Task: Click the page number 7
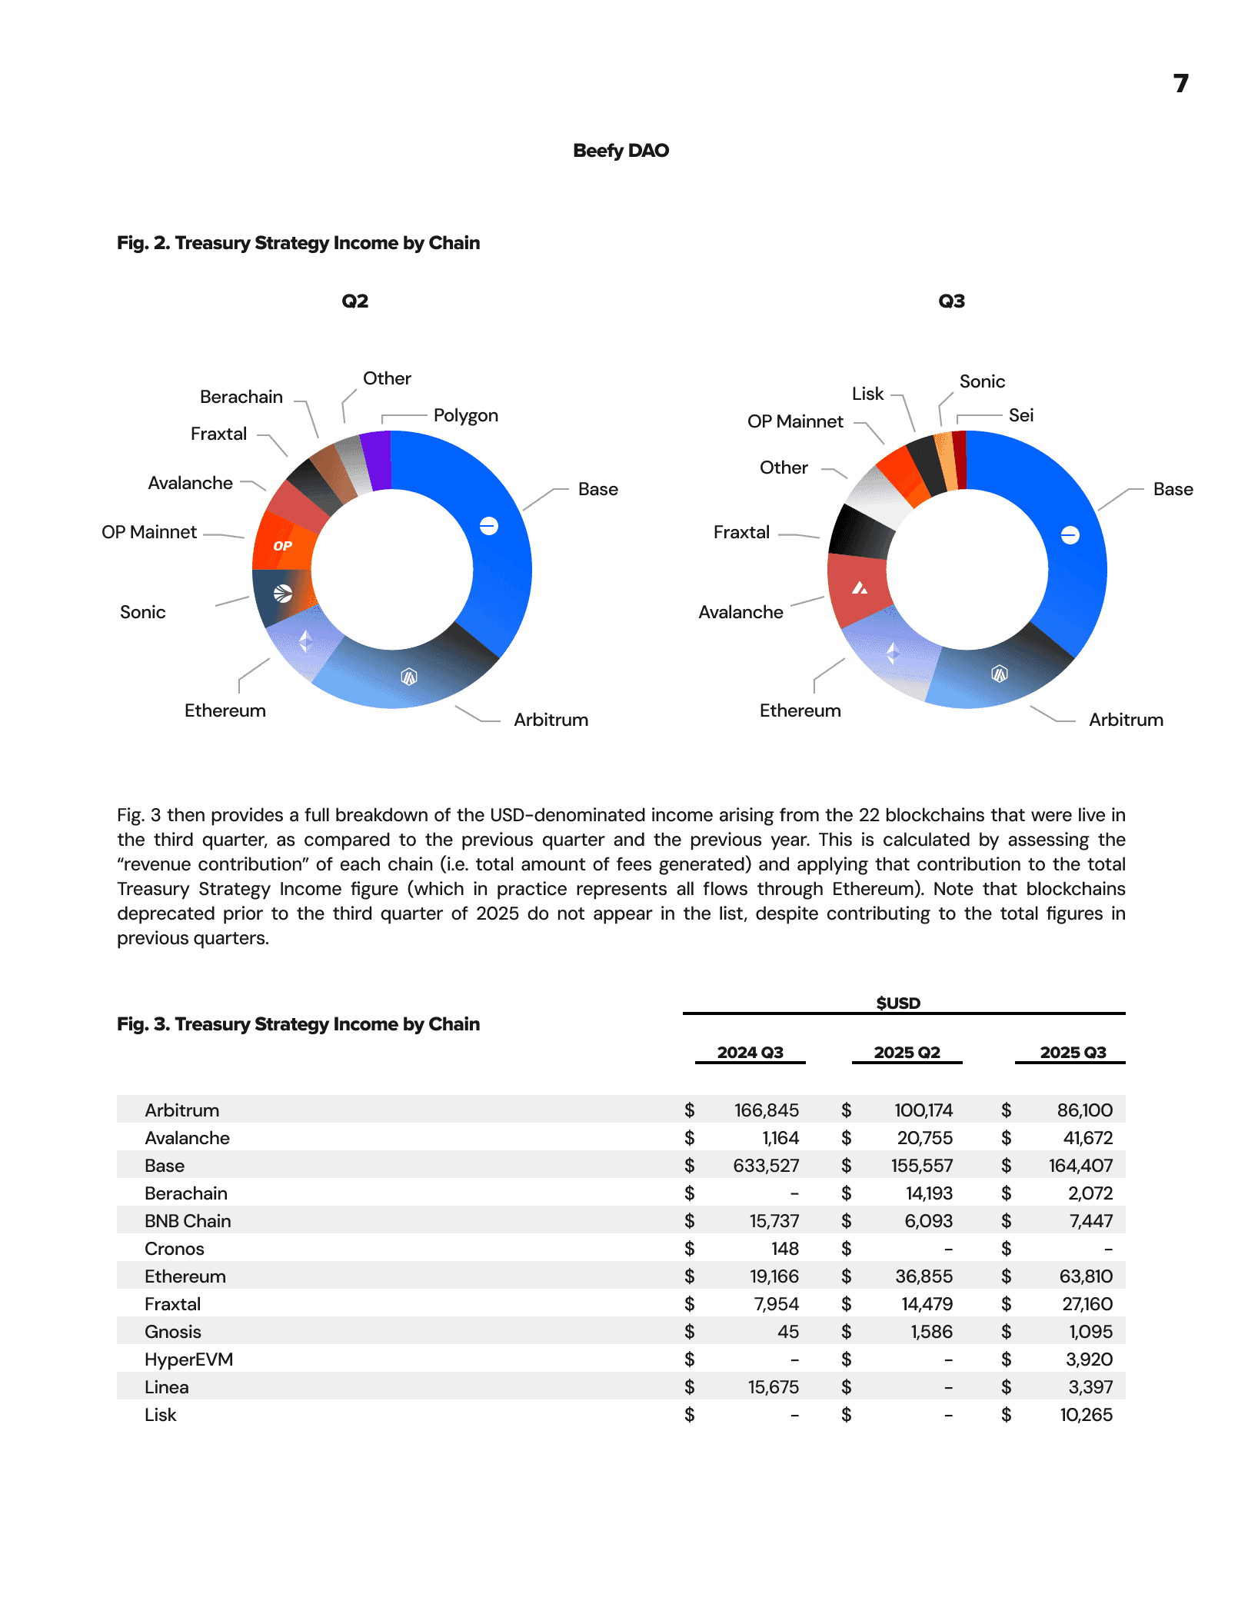(x=1180, y=83)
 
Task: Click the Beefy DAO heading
(x=621, y=151)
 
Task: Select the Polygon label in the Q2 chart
(x=465, y=415)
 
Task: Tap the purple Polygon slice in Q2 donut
(x=377, y=460)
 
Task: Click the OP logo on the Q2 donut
(x=282, y=546)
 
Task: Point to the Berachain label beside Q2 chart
(x=241, y=397)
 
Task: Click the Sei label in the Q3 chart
(x=1020, y=415)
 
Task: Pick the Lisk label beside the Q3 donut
(x=867, y=394)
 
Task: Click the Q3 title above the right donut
(x=951, y=301)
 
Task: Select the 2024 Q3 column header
(x=750, y=1053)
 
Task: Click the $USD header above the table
(x=898, y=1003)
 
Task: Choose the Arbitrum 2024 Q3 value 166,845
(x=766, y=1110)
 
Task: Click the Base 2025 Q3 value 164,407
(x=1080, y=1166)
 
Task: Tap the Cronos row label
(x=175, y=1249)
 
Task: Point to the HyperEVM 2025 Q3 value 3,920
(x=1089, y=1359)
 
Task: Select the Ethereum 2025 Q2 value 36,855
(x=924, y=1276)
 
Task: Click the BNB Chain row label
(x=188, y=1221)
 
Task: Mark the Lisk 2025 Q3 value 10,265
(x=1086, y=1415)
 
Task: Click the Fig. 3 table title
(x=298, y=1024)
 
